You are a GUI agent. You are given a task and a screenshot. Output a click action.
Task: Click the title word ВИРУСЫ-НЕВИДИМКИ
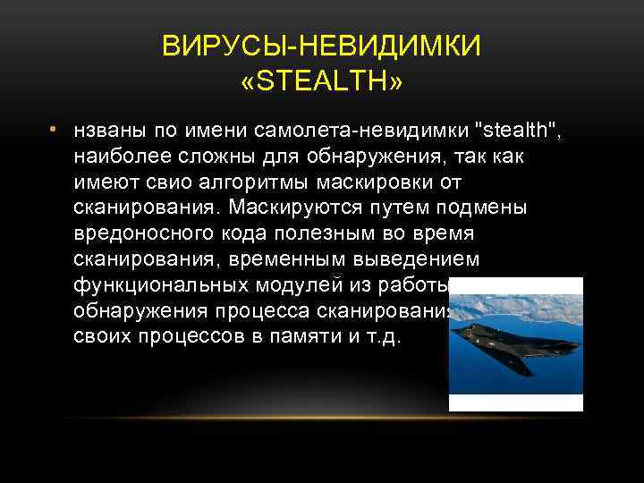(321, 46)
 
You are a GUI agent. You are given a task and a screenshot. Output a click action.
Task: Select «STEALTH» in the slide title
(321, 82)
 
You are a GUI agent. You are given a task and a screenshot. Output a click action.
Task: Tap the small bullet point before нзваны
(53, 131)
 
